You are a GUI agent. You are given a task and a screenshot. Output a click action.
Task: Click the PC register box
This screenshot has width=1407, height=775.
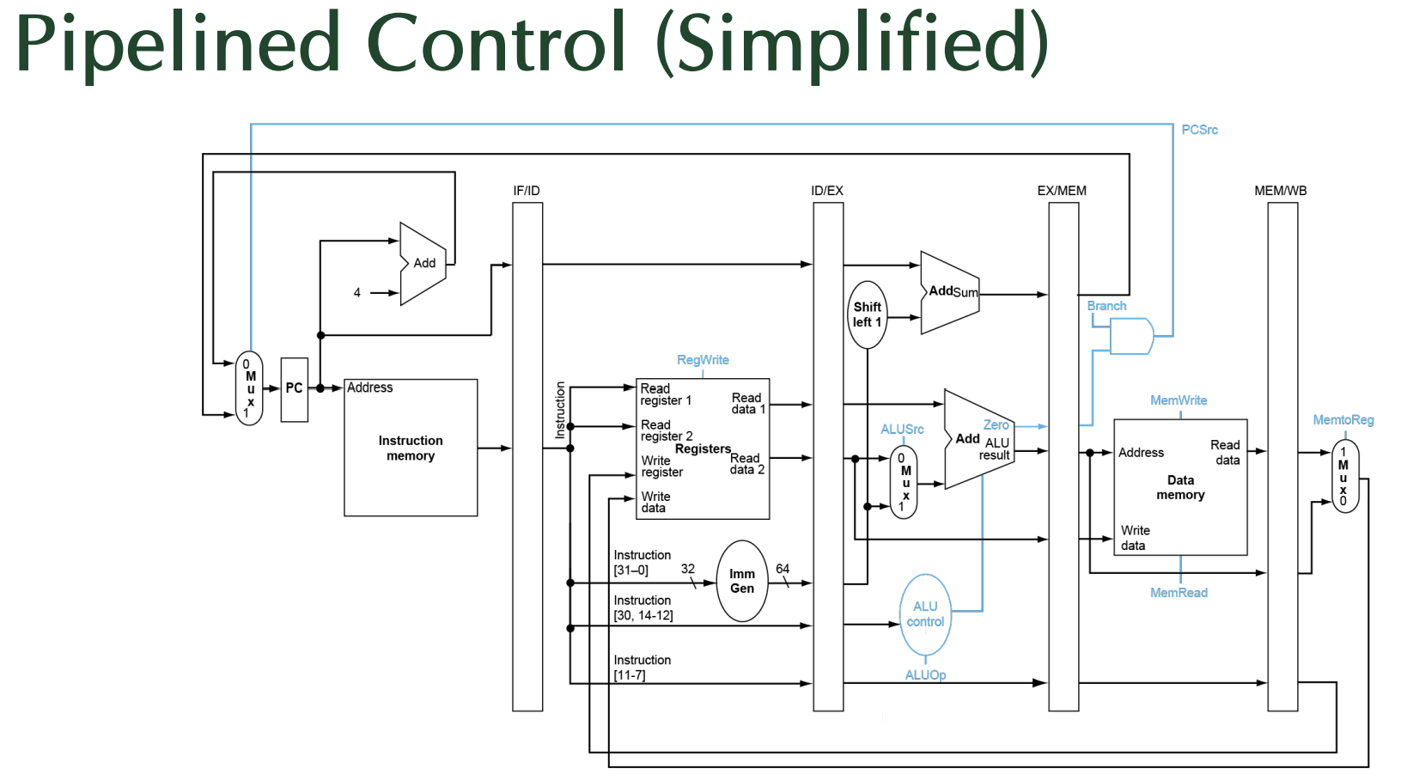(x=294, y=389)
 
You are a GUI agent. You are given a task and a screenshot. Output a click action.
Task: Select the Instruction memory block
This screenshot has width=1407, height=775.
(x=411, y=448)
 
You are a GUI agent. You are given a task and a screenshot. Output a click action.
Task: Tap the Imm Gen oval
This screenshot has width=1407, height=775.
(x=742, y=581)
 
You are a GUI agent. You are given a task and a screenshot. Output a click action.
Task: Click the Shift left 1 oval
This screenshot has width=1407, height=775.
(x=867, y=314)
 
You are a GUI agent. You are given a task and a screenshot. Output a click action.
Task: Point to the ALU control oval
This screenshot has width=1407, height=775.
(x=925, y=615)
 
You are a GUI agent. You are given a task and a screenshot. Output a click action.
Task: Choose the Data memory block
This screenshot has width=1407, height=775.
(x=1180, y=487)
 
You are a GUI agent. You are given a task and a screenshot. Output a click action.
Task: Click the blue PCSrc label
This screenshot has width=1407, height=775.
(x=1199, y=130)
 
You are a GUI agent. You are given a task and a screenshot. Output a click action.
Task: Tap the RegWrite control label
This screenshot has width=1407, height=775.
(x=703, y=360)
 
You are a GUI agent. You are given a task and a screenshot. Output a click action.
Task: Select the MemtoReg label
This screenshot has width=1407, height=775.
(x=1343, y=420)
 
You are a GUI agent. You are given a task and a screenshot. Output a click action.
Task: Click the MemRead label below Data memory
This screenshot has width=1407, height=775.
(x=1179, y=593)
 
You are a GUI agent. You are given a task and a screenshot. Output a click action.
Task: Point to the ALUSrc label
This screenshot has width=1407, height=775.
(x=902, y=430)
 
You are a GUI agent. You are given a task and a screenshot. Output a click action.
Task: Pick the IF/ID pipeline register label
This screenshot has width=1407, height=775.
(x=527, y=191)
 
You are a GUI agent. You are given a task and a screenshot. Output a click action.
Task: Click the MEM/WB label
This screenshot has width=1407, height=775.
(x=1280, y=191)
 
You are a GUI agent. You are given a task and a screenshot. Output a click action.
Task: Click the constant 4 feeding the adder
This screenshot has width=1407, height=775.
(x=356, y=293)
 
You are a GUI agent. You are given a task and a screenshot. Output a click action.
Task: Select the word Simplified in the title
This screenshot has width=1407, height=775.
(x=852, y=44)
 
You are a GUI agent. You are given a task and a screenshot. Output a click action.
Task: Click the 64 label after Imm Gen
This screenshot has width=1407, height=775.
(x=782, y=569)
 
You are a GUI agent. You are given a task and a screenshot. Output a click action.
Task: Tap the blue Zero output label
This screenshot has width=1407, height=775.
(x=996, y=425)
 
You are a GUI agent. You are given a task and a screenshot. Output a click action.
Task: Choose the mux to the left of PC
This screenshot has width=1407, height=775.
(x=249, y=388)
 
